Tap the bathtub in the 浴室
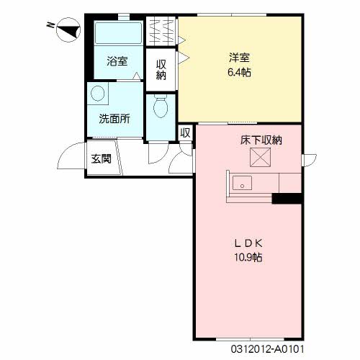(x=119, y=33)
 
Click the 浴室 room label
(x=117, y=61)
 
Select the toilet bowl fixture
(x=161, y=106)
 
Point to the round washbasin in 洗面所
(x=98, y=94)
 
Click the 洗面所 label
(x=114, y=119)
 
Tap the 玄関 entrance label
(x=101, y=158)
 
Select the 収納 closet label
(x=161, y=70)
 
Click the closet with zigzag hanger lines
(x=161, y=31)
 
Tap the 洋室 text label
(x=239, y=58)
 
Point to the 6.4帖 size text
(x=239, y=72)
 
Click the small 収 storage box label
(x=185, y=132)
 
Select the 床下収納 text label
(x=261, y=140)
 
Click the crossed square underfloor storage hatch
(x=260, y=157)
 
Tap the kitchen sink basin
(x=243, y=183)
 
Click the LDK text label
(x=248, y=243)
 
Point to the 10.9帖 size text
(x=248, y=258)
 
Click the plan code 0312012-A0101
(x=267, y=349)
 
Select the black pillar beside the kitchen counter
(x=287, y=199)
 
